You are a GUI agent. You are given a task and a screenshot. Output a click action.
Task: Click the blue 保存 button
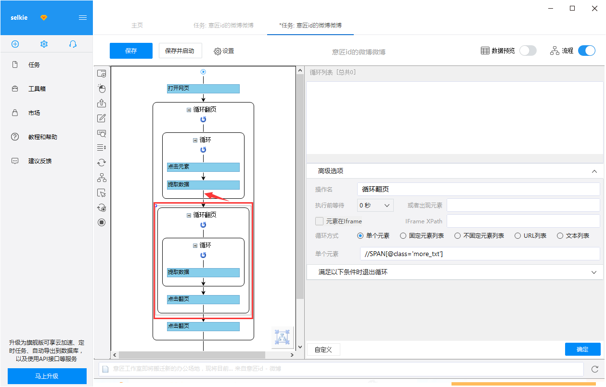(x=131, y=51)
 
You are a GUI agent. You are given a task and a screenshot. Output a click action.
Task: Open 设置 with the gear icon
(x=224, y=51)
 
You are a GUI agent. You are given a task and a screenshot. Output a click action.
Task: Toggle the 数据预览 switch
(x=528, y=51)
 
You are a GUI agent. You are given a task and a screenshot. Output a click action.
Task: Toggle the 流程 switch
(x=587, y=51)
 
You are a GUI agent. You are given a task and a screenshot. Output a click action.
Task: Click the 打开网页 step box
(x=203, y=89)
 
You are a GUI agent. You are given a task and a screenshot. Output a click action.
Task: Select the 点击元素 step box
(x=203, y=167)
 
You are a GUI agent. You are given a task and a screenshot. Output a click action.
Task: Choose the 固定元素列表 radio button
(x=403, y=236)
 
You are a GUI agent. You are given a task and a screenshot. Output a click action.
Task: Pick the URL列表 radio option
(x=517, y=236)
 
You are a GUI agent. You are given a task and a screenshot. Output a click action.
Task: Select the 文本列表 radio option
(x=560, y=236)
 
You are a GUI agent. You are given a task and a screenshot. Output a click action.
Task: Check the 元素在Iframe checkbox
(x=319, y=221)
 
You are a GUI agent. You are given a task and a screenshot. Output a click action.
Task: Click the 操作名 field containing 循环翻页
(x=478, y=189)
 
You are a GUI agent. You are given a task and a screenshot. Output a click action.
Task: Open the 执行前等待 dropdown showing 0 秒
(x=375, y=206)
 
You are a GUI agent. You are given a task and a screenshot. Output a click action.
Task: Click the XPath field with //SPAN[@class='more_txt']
(x=480, y=254)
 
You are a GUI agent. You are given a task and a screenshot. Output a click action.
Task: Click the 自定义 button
(x=323, y=349)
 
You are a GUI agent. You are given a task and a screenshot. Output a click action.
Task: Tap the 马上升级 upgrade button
(x=47, y=376)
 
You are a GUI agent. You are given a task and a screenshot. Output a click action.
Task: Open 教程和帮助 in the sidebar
(x=43, y=137)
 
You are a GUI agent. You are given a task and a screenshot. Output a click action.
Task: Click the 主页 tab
(x=137, y=26)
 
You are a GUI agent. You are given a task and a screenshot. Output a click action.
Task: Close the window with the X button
(x=594, y=8)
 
